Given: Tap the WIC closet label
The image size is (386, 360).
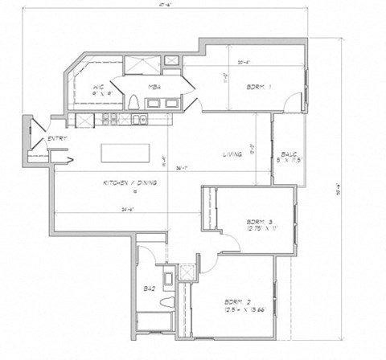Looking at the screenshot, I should click(98, 86).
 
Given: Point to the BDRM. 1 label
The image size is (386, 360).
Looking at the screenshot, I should click(258, 87).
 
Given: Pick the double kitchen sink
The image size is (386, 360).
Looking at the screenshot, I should click(139, 121).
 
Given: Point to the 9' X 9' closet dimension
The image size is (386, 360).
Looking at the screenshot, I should click(99, 93).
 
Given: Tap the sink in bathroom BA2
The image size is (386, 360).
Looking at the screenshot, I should click(167, 279).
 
